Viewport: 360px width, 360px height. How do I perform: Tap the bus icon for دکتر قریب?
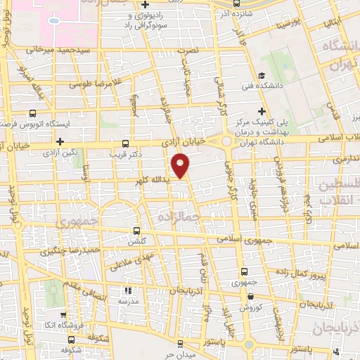click(x=126, y=142)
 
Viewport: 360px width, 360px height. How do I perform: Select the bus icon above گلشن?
click(x=137, y=230)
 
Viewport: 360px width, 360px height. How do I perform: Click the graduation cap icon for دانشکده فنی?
click(x=261, y=76)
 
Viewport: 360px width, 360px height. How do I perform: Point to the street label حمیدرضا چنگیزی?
click(x=66, y=250)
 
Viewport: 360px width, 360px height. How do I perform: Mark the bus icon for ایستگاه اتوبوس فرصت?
click(x=32, y=112)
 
